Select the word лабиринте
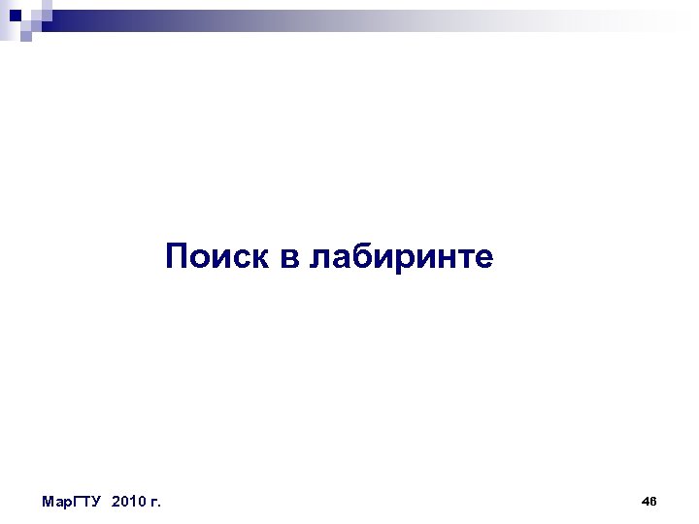401,258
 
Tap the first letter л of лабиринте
319,259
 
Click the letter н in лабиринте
446,259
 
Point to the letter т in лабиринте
465,259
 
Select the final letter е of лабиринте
483,259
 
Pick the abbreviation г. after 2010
154,502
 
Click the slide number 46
649,501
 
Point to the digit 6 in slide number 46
653,501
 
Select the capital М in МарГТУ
49,502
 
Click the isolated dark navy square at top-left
14,15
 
